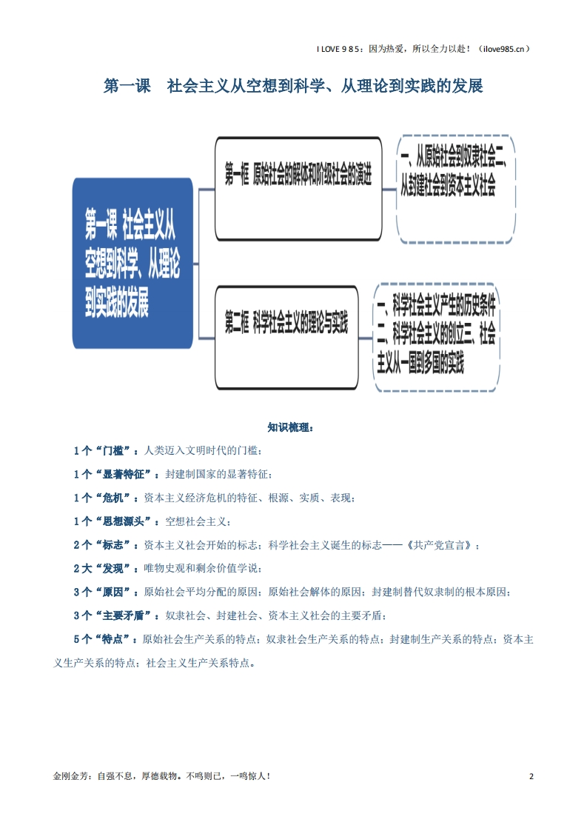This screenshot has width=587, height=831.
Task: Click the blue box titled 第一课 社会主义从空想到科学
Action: [133, 264]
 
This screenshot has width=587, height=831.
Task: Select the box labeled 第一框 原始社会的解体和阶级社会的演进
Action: [298, 189]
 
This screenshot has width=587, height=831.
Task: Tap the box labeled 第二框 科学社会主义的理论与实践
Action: [286, 338]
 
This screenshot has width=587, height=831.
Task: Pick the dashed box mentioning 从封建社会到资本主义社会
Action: [456, 189]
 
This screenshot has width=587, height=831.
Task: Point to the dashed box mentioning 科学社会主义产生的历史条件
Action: [437, 338]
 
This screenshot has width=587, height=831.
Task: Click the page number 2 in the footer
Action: [531, 776]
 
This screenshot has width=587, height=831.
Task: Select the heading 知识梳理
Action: [290, 427]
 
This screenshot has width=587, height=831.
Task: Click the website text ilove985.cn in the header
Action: [504, 49]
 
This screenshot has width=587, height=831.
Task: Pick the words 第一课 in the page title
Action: [127, 86]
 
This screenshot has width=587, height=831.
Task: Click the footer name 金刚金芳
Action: [70, 776]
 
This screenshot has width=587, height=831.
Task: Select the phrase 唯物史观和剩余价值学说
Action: [201, 569]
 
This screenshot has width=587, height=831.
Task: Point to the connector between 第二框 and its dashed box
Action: [366, 338]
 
